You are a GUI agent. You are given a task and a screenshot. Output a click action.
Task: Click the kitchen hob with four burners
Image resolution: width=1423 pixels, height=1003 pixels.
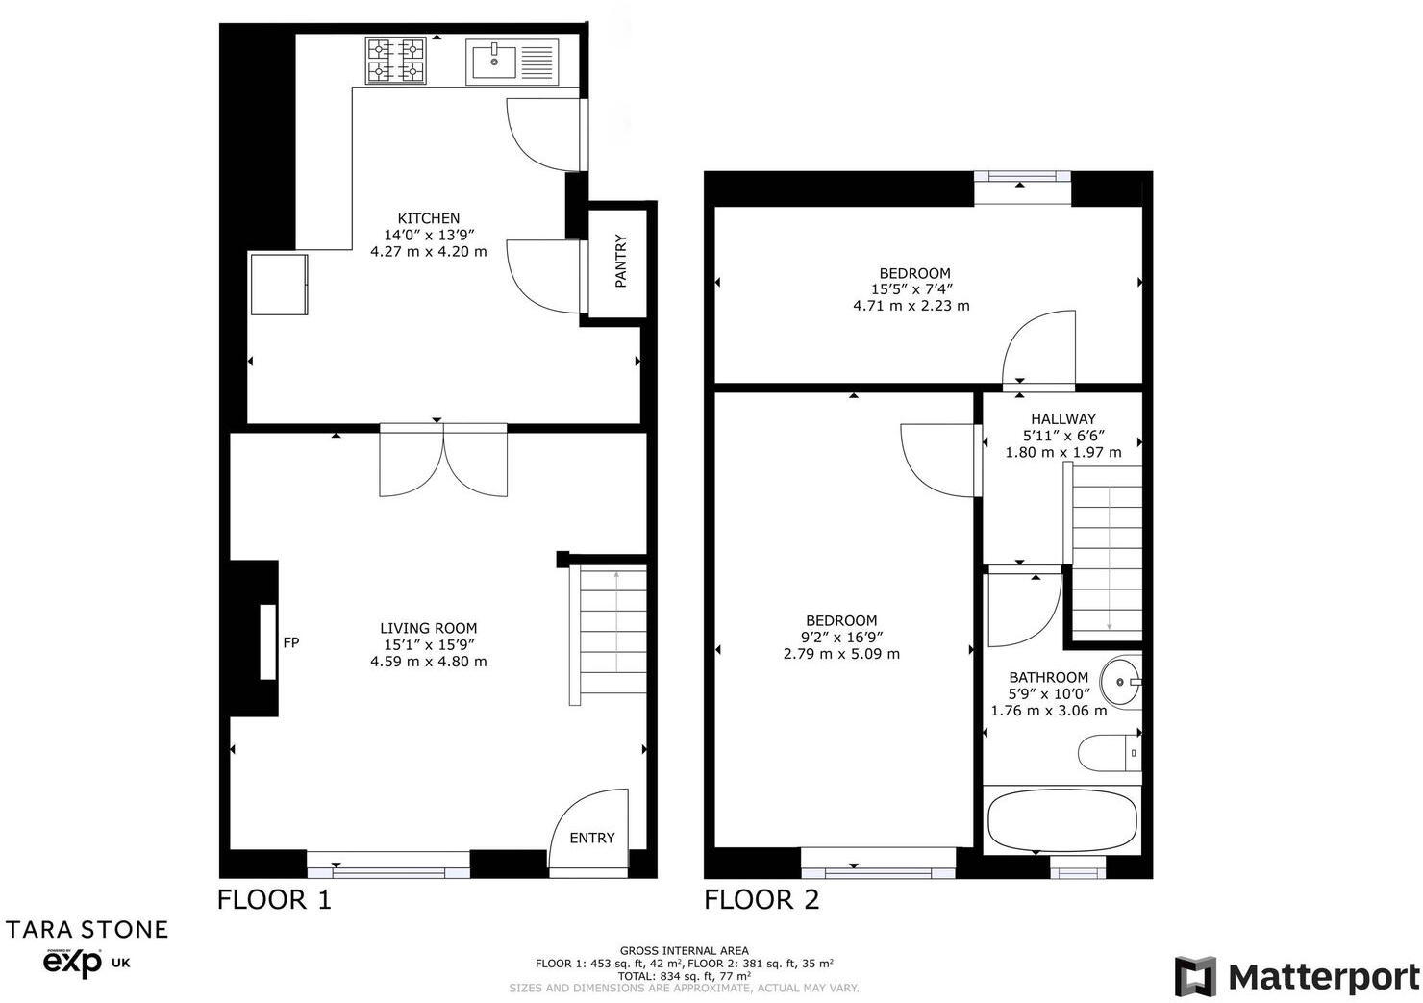pos(395,61)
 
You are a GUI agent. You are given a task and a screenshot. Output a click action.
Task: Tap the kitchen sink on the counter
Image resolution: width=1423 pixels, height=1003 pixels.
pos(512,62)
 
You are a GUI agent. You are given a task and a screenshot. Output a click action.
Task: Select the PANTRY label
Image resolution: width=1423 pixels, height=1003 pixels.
pos(620,261)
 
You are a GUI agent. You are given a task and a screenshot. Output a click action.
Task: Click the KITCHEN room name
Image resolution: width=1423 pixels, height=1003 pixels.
pos(429,218)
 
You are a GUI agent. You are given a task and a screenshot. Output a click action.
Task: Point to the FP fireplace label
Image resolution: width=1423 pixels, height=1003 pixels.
pos(290,642)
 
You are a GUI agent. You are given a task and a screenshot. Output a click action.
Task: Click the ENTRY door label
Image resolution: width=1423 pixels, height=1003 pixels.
pos(591,838)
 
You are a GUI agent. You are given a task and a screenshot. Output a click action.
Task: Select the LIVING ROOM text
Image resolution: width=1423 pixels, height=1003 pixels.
pos(428,628)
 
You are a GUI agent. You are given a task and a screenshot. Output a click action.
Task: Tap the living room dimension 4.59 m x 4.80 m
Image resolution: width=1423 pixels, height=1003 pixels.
pos(428,662)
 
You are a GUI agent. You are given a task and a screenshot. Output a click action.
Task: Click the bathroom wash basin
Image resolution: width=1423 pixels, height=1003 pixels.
pos(1119,681)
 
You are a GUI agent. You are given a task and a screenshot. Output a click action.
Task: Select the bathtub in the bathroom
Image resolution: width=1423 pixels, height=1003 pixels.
pos(1061,819)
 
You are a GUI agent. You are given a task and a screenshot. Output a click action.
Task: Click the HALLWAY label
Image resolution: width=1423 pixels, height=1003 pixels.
pos(1062,419)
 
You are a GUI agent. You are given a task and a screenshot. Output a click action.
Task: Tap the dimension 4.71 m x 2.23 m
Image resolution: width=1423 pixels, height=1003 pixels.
pos(911,306)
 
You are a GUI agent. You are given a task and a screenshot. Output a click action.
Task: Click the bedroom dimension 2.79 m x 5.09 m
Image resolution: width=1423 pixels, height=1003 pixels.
pos(841,654)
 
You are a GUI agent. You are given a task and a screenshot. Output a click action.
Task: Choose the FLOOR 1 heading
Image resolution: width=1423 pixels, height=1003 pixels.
pos(274,900)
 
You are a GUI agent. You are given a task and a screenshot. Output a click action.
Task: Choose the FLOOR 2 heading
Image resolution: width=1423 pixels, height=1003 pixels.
pos(761,900)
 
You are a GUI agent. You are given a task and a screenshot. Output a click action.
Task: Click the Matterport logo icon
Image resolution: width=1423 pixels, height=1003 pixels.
pos(1195,977)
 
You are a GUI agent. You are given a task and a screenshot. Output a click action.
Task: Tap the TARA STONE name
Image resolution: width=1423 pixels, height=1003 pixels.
pos(87,929)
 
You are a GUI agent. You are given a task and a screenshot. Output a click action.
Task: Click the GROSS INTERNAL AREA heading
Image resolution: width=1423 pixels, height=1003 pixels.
pos(684,951)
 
